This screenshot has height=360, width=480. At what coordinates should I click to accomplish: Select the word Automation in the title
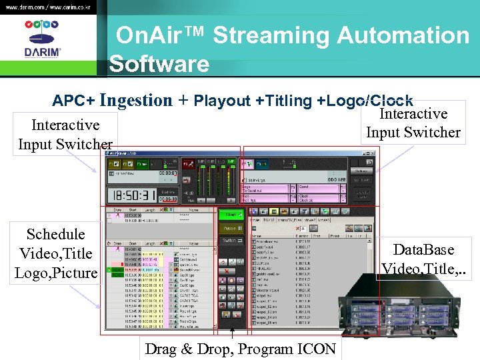click(x=406, y=35)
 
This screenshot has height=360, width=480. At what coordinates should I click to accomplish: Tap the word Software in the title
click(x=159, y=64)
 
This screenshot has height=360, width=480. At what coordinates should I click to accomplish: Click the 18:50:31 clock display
click(x=132, y=195)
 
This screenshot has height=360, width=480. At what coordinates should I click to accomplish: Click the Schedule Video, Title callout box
click(x=55, y=253)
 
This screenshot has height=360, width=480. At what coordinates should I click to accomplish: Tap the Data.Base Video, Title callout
click(x=424, y=259)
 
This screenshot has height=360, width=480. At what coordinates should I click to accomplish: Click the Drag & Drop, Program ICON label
click(x=238, y=349)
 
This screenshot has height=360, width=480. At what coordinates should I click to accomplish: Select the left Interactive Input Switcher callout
click(x=65, y=134)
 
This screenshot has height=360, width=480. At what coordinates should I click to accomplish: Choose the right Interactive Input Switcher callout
click(x=413, y=123)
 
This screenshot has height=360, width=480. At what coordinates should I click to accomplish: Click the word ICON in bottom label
click(x=313, y=349)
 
